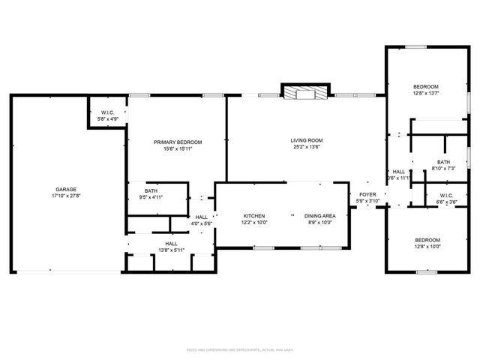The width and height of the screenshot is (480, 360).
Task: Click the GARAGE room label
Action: point(65,189)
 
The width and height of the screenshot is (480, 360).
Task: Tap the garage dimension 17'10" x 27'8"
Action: point(65,195)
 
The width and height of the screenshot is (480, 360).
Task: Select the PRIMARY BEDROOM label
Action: point(178,142)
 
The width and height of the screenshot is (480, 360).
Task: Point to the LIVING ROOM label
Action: point(306,140)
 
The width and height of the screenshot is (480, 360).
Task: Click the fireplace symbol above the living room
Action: point(304,92)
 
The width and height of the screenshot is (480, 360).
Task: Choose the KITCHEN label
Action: point(253,216)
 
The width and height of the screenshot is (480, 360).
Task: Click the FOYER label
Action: point(367,194)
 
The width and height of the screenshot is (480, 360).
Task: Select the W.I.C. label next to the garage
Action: point(107,112)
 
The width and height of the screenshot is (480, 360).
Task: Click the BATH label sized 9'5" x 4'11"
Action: point(151,190)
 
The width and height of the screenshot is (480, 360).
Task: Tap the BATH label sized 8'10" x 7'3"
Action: point(443,162)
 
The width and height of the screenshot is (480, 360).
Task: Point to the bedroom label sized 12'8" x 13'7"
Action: point(426,86)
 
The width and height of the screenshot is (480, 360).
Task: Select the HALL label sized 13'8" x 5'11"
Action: point(171,244)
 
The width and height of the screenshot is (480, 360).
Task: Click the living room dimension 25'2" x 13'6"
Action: point(306,147)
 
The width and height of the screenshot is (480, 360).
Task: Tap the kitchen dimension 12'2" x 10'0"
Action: point(253,223)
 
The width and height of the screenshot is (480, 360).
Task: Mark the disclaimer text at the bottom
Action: point(240,349)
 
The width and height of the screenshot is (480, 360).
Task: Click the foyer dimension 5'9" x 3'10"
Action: point(367,200)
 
